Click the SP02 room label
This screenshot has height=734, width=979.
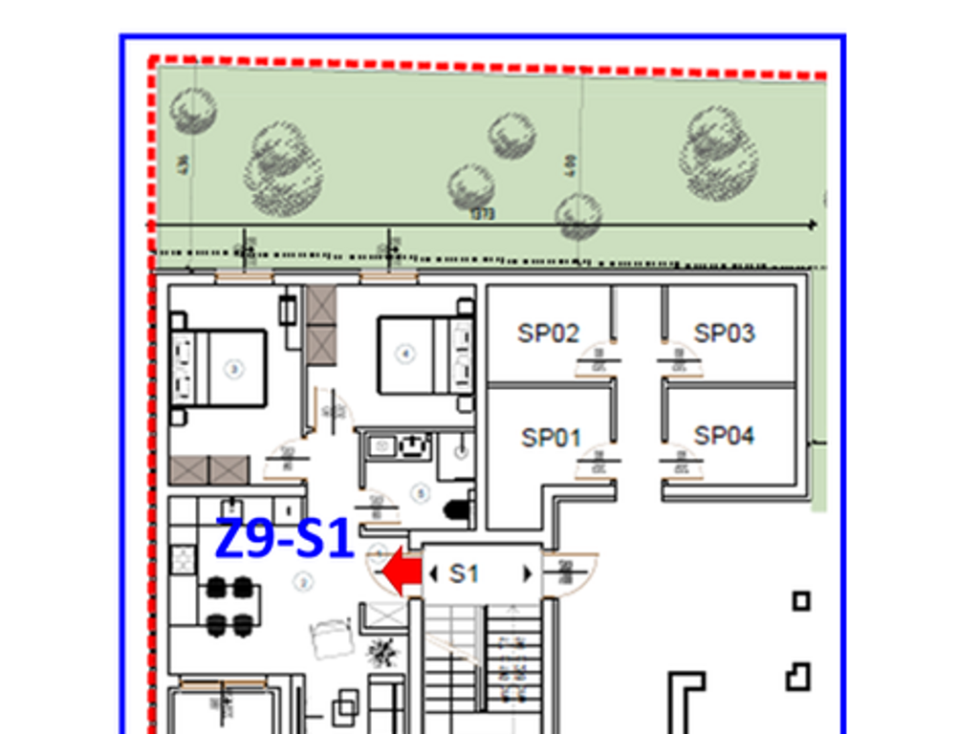pyautogui.click(x=549, y=334)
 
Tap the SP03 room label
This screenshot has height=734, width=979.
pyautogui.click(x=724, y=334)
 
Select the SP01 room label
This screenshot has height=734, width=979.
pyautogui.click(x=551, y=438)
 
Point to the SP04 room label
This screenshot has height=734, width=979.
pyautogui.click(x=724, y=436)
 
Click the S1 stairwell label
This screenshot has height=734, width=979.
pyautogui.click(x=464, y=573)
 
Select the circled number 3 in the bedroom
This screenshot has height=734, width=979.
pyautogui.click(x=232, y=368)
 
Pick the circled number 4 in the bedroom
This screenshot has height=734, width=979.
pyautogui.click(x=405, y=355)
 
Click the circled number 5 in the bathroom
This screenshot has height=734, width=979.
pyautogui.click(x=419, y=493)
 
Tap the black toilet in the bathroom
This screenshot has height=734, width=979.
pyautogui.click(x=457, y=508)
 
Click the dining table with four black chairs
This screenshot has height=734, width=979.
pyautogui.click(x=229, y=605)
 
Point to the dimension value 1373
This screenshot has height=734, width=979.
pyautogui.click(x=484, y=215)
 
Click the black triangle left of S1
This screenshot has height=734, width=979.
pyautogui.click(x=434, y=573)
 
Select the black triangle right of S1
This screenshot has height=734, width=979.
pyautogui.click(x=525, y=573)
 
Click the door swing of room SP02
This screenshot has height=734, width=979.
pyautogui.click(x=595, y=363)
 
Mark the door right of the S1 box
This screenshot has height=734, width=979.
pyautogui.click(x=568, y=573)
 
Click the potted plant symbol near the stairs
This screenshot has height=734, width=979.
pyautogui.click(x=383, y=652)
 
